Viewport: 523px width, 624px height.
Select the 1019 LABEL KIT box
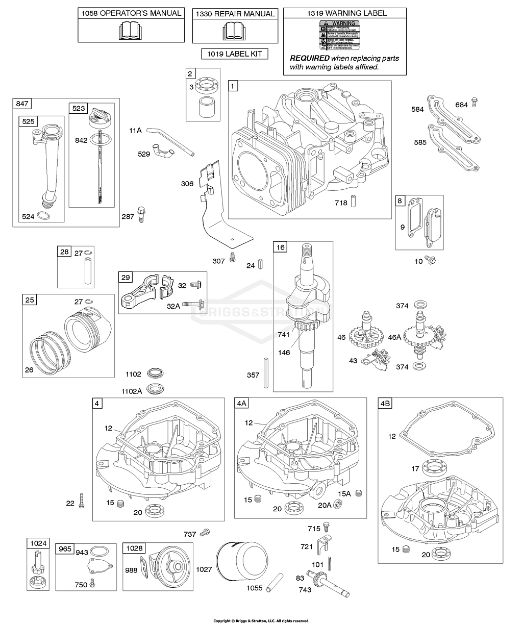(235, 54)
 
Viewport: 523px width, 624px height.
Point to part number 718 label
(342, 203)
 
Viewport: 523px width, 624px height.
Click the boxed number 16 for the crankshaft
(281, 247)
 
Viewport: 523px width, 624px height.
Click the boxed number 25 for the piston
(30, 300)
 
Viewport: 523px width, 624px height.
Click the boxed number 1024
(38, 543)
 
